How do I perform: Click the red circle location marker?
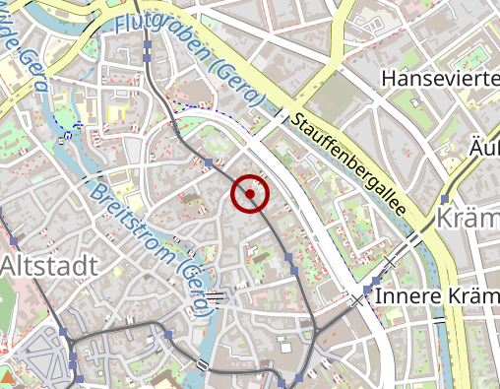[250, 194]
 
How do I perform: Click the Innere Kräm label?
[438, 296]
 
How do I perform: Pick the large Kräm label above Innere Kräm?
[468, 218]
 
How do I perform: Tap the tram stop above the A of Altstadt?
[14, 242]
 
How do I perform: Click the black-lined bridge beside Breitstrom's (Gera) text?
[216, 294]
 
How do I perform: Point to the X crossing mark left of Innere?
[356, 298]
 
